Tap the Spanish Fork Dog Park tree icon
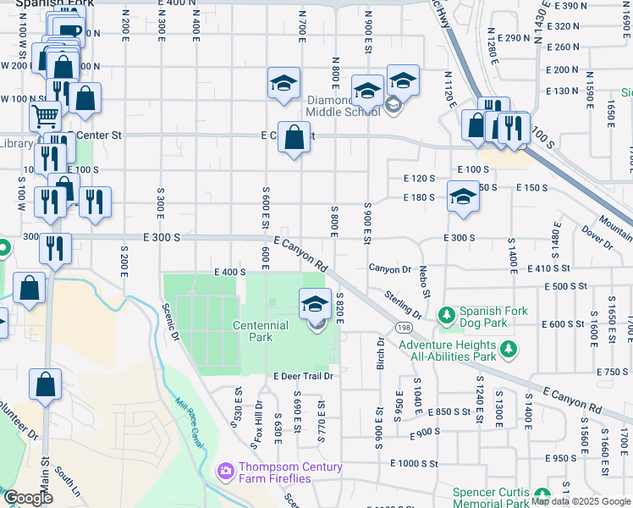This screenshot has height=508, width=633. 446,315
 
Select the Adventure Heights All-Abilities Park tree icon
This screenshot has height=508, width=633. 508,348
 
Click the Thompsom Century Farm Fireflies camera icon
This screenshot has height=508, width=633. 226,470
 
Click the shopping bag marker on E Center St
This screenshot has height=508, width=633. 294,138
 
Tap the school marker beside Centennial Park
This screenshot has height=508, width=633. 315,302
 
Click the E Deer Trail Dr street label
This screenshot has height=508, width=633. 303,376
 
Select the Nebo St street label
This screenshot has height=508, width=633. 425,282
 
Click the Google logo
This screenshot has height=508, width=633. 28,498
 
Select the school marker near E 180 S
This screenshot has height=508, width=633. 463,196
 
